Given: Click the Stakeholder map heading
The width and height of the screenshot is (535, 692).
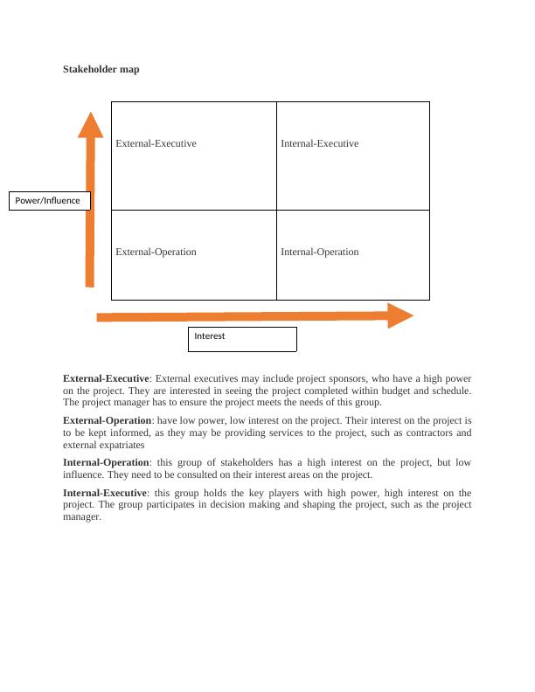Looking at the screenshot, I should (101, 69).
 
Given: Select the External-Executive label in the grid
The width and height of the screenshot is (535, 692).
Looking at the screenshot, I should (156, 143).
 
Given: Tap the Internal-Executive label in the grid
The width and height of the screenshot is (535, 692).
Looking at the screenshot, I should (319, 143).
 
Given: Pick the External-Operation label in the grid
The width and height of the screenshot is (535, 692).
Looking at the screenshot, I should (156, 252).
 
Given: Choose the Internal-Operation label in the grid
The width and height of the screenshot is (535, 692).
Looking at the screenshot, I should (319, 252).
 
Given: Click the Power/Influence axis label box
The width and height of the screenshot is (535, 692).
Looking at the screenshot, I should (49, 201).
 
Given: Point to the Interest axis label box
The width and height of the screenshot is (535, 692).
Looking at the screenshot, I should (242, 339).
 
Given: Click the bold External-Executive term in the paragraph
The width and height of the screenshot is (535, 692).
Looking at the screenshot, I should (106, 378).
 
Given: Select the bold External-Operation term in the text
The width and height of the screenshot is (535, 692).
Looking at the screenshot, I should (106, 420).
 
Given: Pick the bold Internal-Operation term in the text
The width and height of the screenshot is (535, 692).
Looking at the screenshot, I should (106, 462).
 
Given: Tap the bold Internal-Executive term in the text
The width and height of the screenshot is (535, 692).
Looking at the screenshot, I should (105, 494).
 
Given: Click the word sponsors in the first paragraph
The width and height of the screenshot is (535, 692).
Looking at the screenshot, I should (349, 378).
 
